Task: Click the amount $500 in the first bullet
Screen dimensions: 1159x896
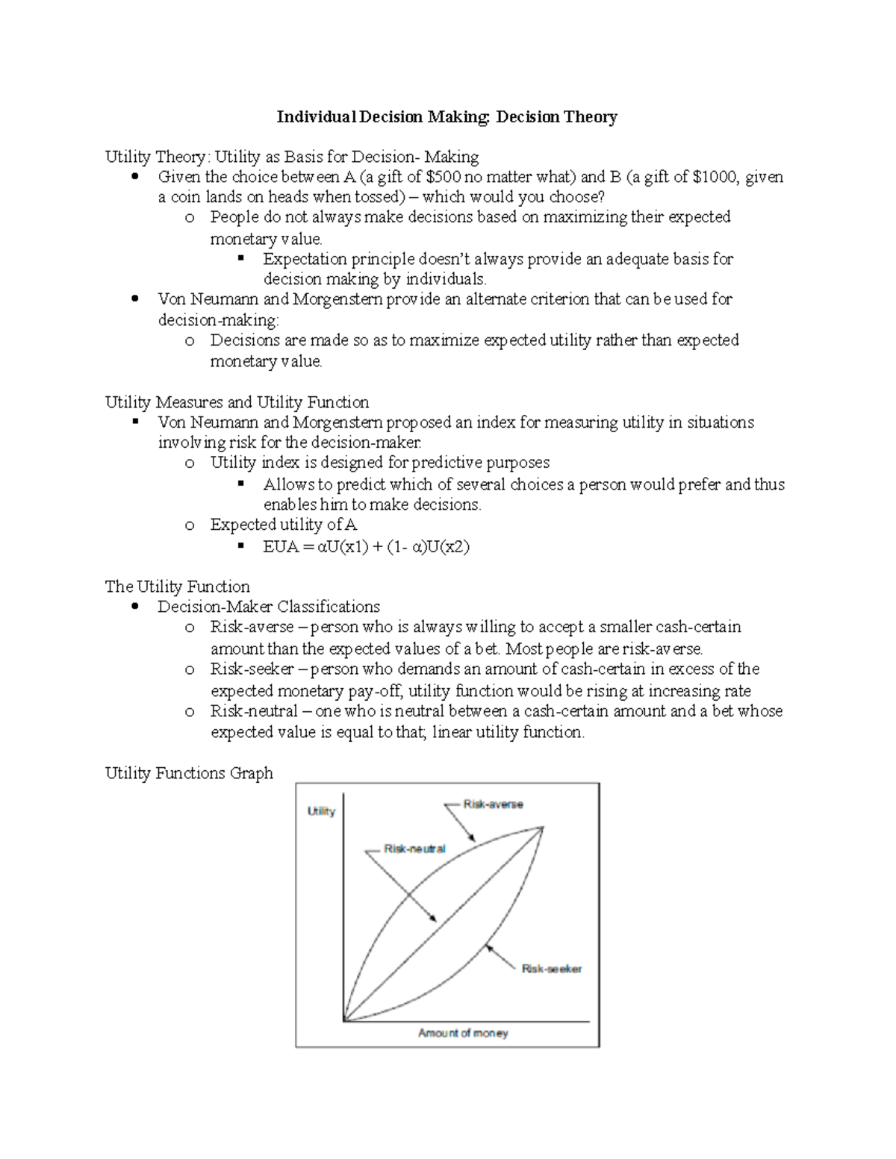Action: (443, 178)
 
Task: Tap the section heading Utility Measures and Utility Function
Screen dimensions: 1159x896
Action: (237, 402)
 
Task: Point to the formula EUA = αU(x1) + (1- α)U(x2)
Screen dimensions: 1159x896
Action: (366, 546)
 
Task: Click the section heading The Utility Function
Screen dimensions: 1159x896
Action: (177, 587)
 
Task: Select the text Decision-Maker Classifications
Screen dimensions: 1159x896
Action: (268, 607)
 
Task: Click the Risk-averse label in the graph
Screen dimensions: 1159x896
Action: (493, 805)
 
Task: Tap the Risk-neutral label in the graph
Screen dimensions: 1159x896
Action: (414, 849)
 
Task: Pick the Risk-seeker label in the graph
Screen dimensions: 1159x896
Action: (551, 969)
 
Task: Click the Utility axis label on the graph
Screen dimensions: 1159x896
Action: (321, 811)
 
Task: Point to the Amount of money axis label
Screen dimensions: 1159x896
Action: (463, 1033)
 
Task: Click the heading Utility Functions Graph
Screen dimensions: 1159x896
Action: (189, 773)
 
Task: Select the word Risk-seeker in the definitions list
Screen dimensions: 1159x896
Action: (252, 669)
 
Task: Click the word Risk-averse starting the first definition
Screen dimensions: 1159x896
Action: (252, 627)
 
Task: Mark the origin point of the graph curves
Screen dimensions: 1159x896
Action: (344, 1020)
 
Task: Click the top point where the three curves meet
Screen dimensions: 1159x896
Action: (543, 827)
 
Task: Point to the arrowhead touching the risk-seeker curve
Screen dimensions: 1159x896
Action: (486, 946)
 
